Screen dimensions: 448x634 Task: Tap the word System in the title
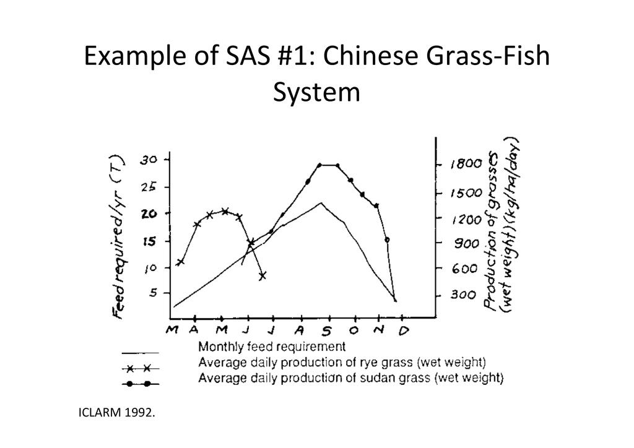[x=316, y=93]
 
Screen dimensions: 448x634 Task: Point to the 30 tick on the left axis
[x=149, y=160]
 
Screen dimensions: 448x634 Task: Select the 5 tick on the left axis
[x=152, y=293]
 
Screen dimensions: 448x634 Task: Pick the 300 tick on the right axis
[x=463, y=295]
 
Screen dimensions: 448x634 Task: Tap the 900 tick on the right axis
[x=463, y=244]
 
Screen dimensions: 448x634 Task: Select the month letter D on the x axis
[x=403, y=332]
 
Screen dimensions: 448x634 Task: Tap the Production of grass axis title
[x=502, y=226]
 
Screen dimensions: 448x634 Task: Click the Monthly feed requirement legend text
[x=272, y=347]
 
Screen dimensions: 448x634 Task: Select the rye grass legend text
[x=342, y=361]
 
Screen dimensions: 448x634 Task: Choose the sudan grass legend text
[x=350, y=376]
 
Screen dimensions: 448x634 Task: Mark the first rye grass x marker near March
[x=180, y=262]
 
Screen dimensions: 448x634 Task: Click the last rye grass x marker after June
[x=263, y=275]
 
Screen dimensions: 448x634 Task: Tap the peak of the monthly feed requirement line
[x=321, y=202]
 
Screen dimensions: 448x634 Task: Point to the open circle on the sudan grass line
[x=387, y=239]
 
